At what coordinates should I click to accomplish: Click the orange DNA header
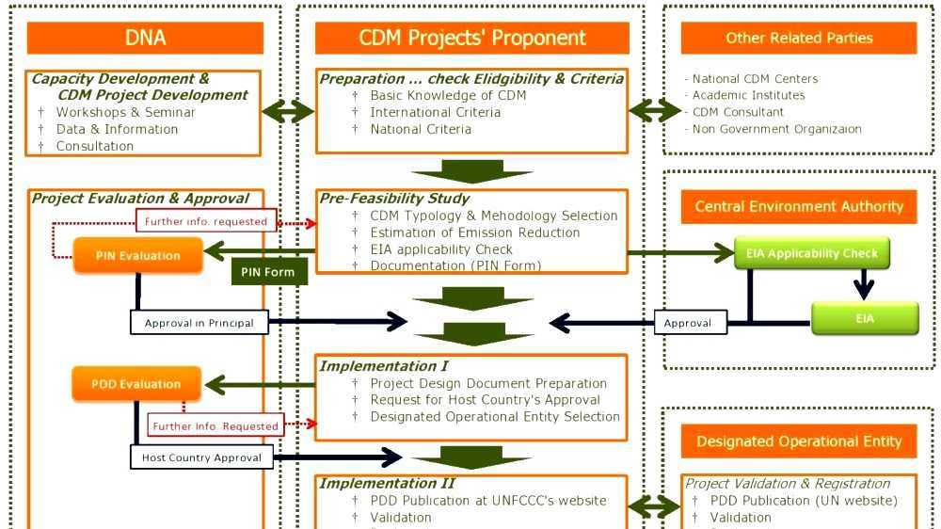(x=145, y=38)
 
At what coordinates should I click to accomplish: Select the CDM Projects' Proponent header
(x=471, y=38)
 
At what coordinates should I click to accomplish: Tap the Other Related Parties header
(x=798, y=38)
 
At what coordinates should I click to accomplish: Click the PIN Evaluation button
(x=137, y=255)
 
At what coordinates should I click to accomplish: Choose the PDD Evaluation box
(x=136, y=384)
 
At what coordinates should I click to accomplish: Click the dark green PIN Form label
(x=268, y=272)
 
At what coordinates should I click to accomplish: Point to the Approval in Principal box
(x=199, y=323)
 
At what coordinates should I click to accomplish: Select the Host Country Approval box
(x=201, y=458)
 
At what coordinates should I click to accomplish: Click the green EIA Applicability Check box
(x=811, y=253)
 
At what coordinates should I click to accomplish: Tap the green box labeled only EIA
(x=865, y=318)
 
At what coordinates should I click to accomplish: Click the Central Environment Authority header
(x=798, y=206)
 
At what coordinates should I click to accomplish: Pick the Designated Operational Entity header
(x=798, y=441)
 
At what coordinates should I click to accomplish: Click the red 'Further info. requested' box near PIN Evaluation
(x=206, y=222)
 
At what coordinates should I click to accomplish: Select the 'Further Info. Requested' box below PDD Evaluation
(x=215, y=426)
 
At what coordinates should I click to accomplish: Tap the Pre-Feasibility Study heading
(x=394, y=199)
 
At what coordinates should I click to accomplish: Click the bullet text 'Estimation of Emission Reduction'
(x=474, y=232)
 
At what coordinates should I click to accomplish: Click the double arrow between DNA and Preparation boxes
(x=288, y=111)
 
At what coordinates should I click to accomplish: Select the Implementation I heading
(x=384, y=365)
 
